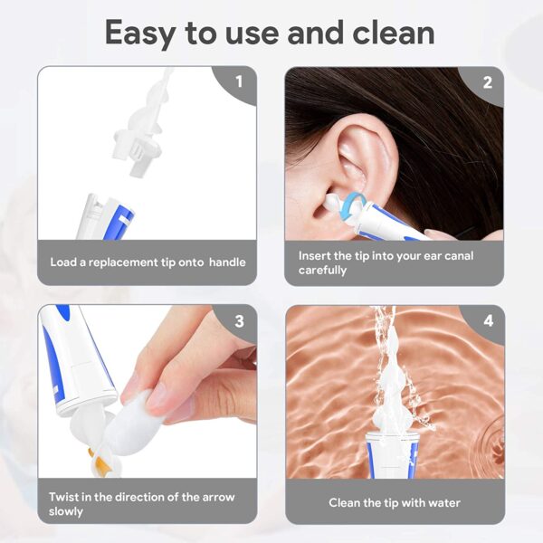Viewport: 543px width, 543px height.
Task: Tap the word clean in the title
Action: (394, 33)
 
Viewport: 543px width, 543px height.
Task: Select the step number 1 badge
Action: (239, 81)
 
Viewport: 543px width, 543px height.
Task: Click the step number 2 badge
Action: (487, 82)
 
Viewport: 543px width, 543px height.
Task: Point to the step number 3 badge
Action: (239, 321)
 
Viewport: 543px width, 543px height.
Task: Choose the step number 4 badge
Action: (489, 321)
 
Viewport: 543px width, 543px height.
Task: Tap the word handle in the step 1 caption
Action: (227, 262)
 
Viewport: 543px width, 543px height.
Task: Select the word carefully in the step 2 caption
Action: (322, 270)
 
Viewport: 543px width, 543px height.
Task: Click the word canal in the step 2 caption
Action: (458, 255)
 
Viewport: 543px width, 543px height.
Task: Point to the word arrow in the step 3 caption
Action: (218, 497)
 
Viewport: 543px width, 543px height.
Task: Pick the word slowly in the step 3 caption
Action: (66, 512)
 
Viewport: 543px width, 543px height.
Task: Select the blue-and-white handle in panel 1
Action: (105, 217)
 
